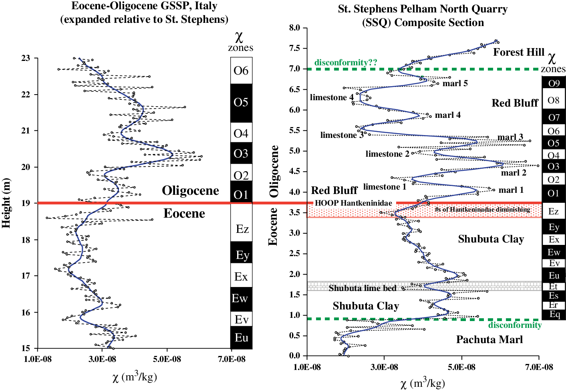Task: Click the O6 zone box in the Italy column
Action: (x=241, y=71)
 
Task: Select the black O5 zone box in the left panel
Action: (x=241, y=103)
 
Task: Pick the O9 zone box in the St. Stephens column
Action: (x=554, y=83)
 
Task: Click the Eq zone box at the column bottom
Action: (x=554, y=314)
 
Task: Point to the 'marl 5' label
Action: (x=455, y=83)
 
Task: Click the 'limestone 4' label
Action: (x=332, y=97)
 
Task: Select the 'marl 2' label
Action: (x=514, y=173)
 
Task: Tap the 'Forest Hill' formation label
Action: (x=518, y=52)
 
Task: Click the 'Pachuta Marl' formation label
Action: (x=489, y=339)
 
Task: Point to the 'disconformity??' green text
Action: (x=346, y=62)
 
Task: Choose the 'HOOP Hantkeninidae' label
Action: (x=353, y=203)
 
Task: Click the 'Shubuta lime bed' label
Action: (x=363, y=288)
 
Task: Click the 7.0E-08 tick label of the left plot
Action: (x=232, y=359)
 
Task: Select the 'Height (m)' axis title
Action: (x=6, y=203)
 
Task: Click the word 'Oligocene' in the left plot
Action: (x=190, y=190)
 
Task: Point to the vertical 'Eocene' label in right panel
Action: (x=273, y=226)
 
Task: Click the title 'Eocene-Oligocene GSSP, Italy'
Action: (x=144, y=6)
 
